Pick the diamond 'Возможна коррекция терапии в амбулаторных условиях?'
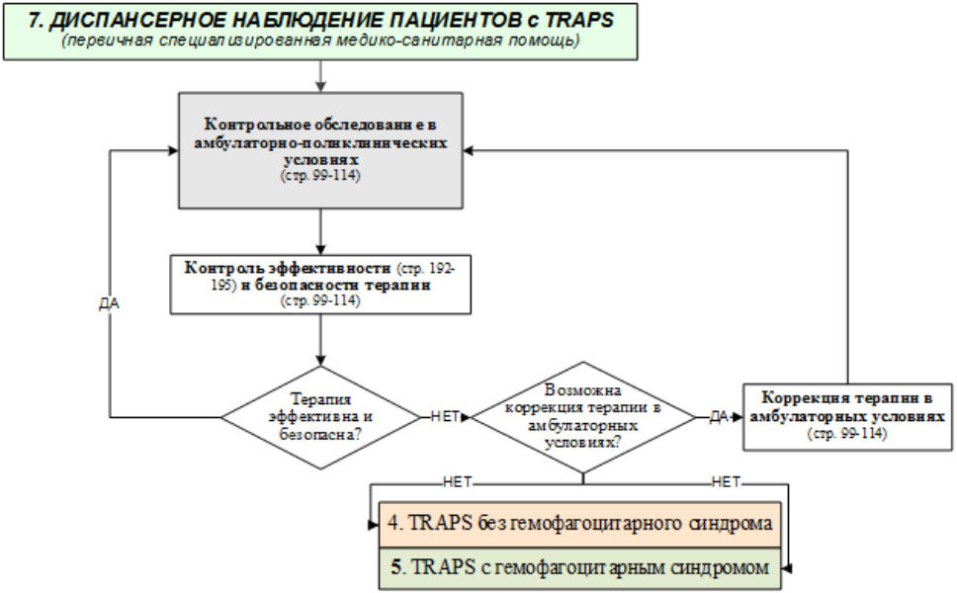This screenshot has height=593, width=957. [x=582, y=416]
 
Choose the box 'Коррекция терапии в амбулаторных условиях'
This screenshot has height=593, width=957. [x=847, y=416]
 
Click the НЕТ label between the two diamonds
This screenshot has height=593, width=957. [x=445, y=416]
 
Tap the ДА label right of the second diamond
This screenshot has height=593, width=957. [x=719, y=416]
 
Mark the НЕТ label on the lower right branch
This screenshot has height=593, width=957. [x=726, y=482]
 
